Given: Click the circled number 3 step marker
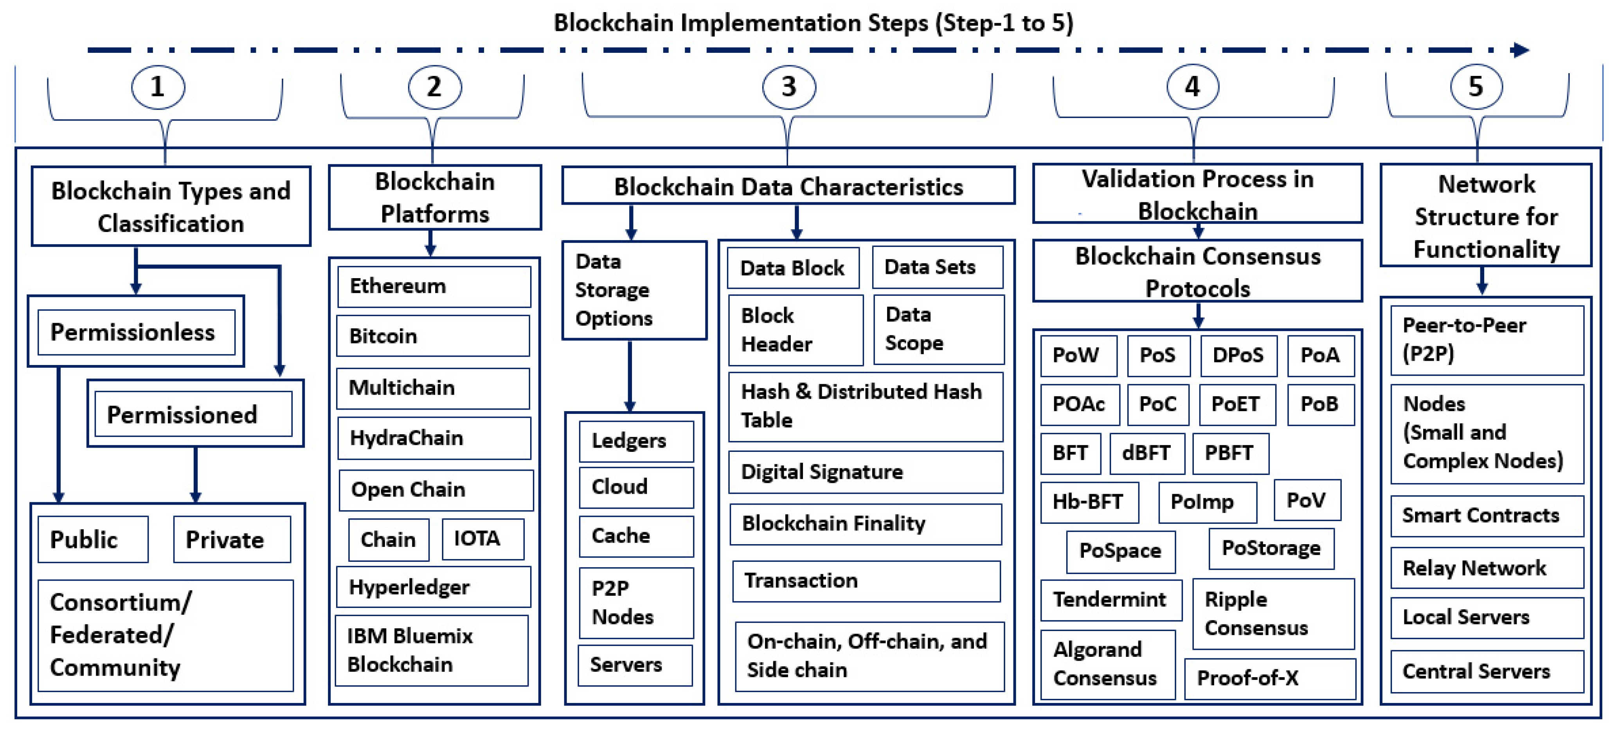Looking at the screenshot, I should click(x=788, y=87).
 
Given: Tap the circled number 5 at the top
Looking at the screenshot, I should click(x=1476, y=87).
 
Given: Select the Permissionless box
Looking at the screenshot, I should click(x=136, y=332).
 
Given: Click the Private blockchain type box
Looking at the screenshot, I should click(x=231, y=539).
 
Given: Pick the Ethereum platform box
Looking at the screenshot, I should click(x=434, y=286).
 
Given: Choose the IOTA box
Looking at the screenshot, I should click(x=482, y=539).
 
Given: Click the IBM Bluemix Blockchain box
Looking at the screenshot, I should click(x=432, y=650).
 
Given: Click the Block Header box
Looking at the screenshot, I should click(x=795, y=330).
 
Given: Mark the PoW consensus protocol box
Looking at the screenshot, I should click(x=1078, y=356).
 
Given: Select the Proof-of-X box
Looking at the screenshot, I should click(x=1269, y=678).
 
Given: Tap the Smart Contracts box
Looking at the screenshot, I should click(x=1487, y=516).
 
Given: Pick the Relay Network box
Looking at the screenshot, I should click(x=1487, y=568).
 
